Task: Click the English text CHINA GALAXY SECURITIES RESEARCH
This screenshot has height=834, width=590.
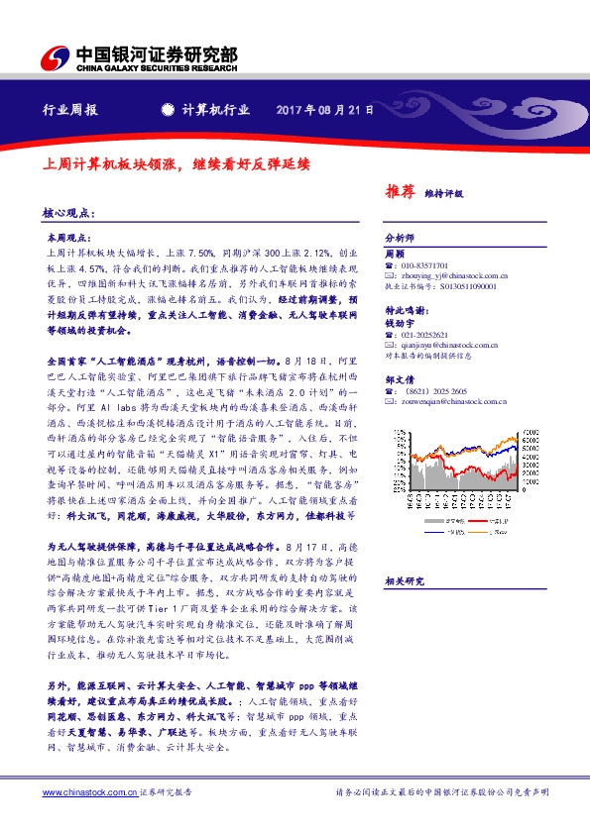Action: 158,68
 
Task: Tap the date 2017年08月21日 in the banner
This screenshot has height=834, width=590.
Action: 324,111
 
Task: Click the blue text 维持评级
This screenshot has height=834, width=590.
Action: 443,194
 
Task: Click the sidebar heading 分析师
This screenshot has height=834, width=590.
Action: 397,240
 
